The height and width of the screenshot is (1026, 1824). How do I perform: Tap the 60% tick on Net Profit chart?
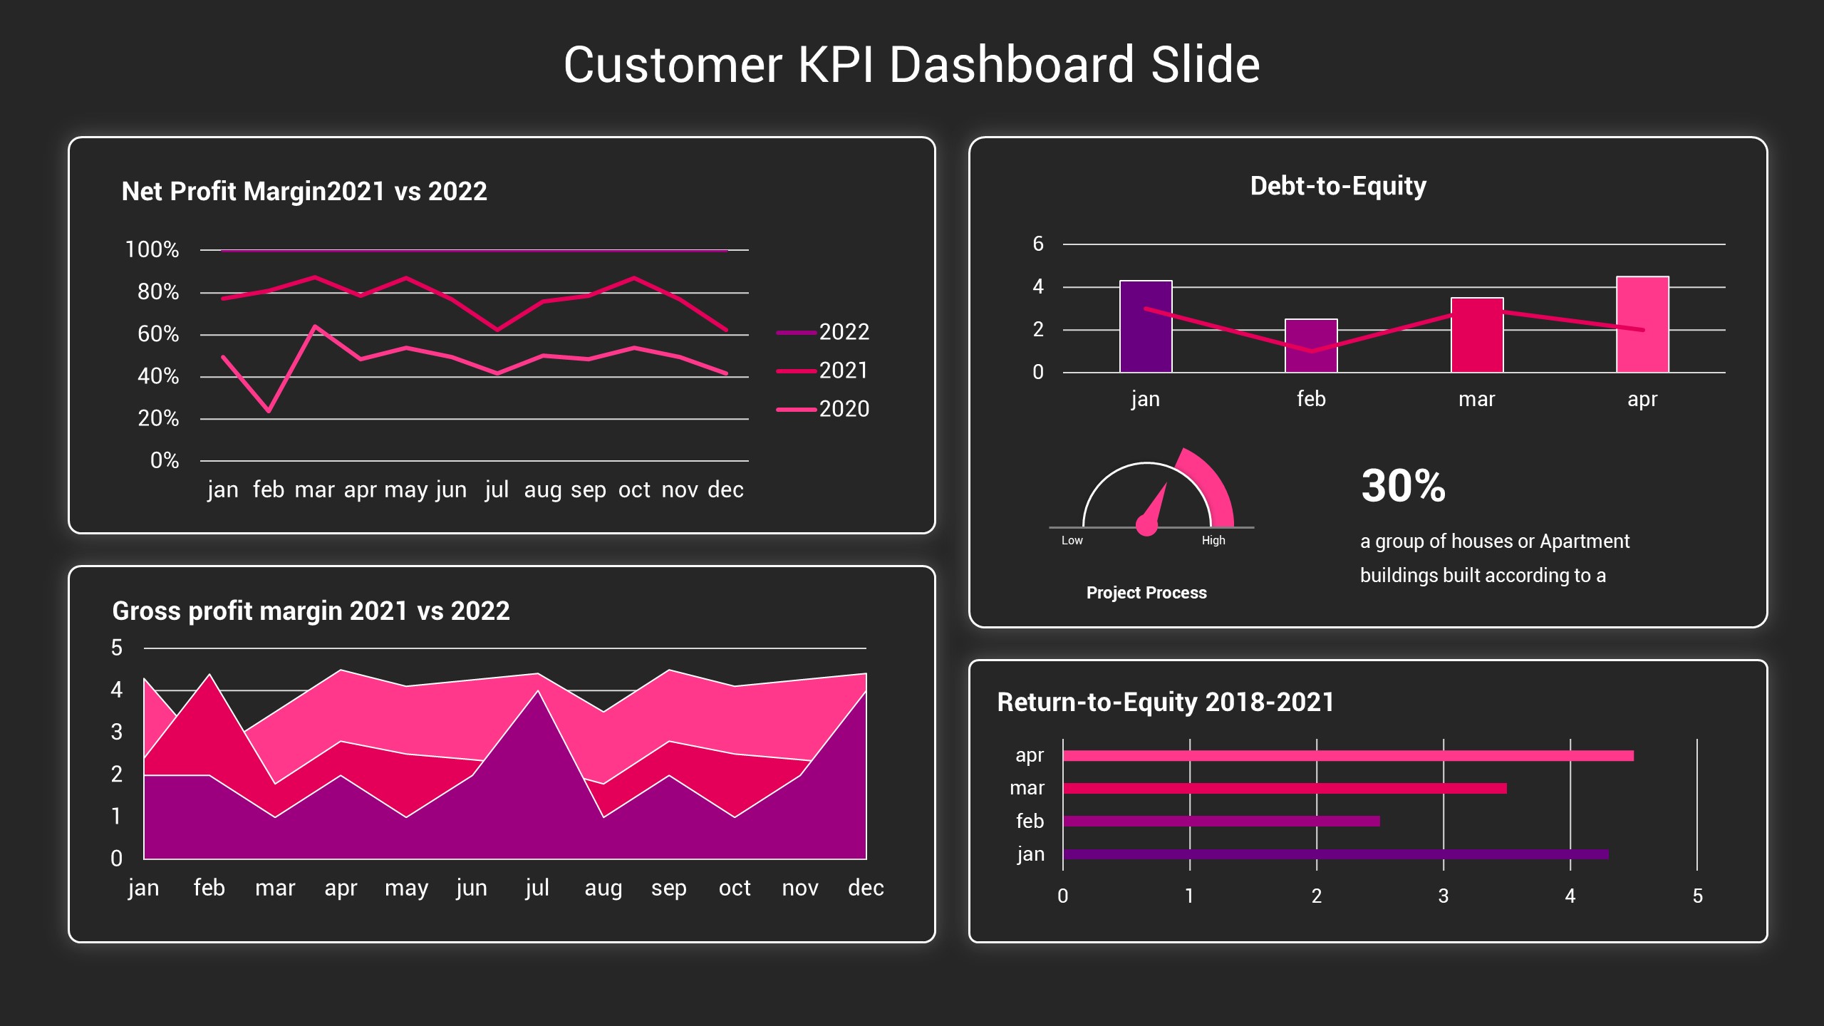(x=158, y=334)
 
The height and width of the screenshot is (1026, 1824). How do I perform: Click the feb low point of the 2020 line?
(x=269, y=411)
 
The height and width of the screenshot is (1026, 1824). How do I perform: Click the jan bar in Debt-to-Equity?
(x=1146, y=326)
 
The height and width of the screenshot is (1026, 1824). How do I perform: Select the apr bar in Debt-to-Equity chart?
(x=1642, y=324)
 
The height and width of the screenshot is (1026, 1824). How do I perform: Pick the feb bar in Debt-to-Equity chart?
(x=1311, y=346)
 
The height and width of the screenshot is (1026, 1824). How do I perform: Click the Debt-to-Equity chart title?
(x=1338, y=186)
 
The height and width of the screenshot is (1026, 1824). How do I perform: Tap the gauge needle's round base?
(x=1146, y=526)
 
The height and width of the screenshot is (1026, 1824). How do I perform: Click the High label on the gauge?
(x=1213, y=541)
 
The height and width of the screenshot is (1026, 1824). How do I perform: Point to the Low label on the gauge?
(x=1072, y=541)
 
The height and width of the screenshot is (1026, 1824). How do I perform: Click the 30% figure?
(x=1403, y=486)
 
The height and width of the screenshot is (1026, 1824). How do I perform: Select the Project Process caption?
(x=1146, y=593)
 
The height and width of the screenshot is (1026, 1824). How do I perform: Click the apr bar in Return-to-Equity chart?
(x=1347, y=756)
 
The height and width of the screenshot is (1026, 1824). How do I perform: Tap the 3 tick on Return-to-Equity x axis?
(x=1444, y=896)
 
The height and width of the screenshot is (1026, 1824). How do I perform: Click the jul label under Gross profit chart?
(x=537, y=888)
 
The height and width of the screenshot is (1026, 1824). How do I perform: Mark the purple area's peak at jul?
(x=538, y=693)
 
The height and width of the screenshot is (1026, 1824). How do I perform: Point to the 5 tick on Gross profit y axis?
(x=117, y=648)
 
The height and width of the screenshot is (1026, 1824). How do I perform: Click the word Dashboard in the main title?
(x=1011, y=65)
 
